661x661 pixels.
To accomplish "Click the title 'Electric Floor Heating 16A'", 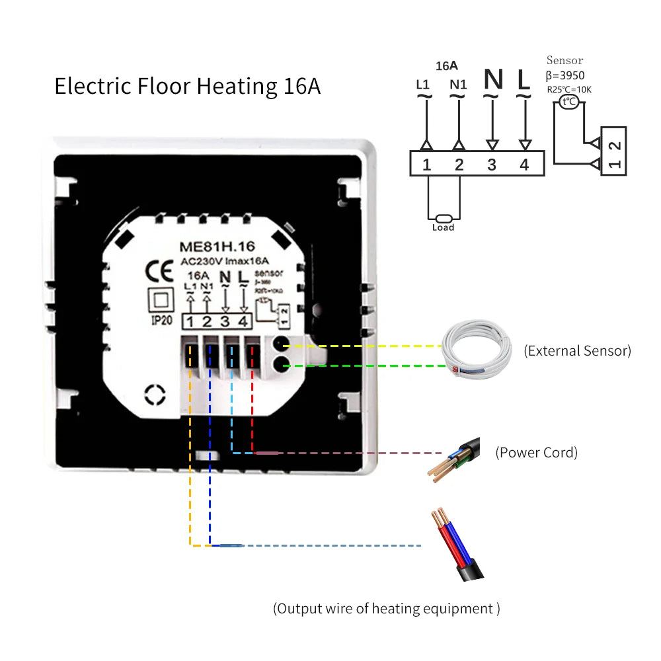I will (x=187, y=87).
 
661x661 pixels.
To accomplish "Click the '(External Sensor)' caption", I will (x=577, y=351).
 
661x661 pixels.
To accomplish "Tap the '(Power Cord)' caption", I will (x=537, y=453).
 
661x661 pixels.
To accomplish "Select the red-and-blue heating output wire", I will (x=459, y=545).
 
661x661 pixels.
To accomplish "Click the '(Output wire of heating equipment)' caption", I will (x=387, y=609).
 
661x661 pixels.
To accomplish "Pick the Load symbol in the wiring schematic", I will (x=443, y=221).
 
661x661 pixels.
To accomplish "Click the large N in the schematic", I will (x=493, y=80).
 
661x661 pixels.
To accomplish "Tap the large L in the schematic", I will (x=524, y=80).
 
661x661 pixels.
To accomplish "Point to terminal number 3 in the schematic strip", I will (x=492, y=165).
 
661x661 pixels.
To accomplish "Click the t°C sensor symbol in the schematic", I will (x=568, y=102).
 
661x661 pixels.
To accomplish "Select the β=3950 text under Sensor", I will (x=565, y=75).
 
